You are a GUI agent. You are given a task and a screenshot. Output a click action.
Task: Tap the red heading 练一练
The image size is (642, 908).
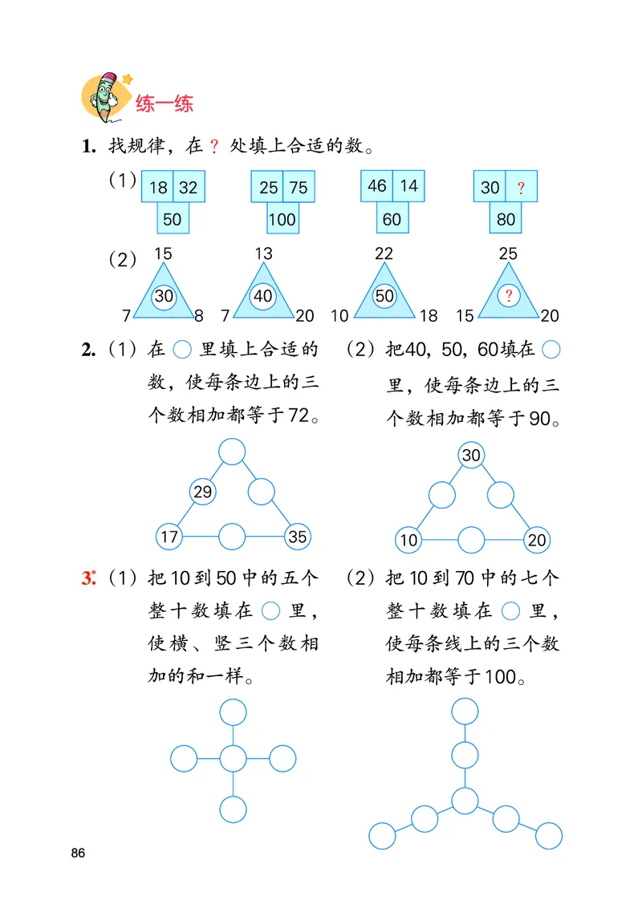point(165,104)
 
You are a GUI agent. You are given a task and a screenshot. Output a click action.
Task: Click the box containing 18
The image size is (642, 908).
point(158,188)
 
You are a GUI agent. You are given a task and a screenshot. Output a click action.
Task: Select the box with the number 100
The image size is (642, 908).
point(282,219)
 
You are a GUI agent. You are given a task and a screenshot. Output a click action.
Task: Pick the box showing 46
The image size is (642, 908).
point(376,186)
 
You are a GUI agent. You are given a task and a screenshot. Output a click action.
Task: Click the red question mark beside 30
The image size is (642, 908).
point(521,188)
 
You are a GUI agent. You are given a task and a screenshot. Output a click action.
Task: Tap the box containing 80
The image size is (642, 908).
point(506,219)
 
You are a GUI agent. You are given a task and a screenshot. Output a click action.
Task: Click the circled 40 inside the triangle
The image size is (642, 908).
point(263,295)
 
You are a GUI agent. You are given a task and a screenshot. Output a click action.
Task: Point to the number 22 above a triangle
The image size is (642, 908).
point(384,254)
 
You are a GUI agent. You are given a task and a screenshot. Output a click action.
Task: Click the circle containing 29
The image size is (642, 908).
point(202,492)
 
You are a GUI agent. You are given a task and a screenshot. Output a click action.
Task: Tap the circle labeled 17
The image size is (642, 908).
point(169,537)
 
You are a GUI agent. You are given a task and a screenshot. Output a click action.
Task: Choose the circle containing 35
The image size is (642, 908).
point(297,537)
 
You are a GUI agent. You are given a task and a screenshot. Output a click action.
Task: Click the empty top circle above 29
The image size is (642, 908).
point(232,452)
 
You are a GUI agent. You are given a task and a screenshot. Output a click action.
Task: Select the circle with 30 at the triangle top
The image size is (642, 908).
point(471,456)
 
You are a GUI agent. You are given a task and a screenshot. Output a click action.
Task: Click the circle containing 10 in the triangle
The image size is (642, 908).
point(408,540)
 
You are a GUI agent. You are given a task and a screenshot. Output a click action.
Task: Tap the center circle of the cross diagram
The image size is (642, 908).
point(233,758)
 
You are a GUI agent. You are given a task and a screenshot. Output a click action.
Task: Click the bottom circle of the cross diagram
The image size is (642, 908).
point(233,809)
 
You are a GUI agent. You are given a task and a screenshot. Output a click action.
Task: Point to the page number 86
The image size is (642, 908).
point(78,852)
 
